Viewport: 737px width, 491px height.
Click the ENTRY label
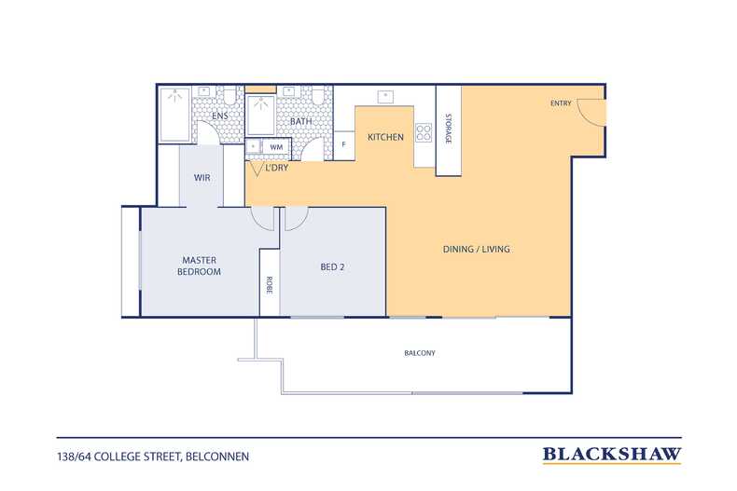coord(561,103)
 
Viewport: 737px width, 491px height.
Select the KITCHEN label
coord(385,137)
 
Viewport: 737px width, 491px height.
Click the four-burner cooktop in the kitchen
coord(424,132)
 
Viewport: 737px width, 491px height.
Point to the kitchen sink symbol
coord(385,97)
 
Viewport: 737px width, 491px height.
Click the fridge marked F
coord(344,145)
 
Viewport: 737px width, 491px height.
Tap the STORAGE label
coord(448,129)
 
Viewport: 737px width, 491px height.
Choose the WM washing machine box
coord(276,147)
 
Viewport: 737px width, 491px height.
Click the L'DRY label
coord(277,168)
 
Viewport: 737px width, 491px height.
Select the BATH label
coord(300,121)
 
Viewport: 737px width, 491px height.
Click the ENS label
coord(220,116)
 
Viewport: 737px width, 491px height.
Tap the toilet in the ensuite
coord(229,95)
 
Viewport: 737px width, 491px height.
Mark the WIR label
coord(202,178)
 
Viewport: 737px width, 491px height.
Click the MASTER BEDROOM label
coord(199,266)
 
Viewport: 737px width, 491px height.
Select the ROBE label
coord(270,285)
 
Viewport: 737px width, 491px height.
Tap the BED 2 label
coord(332,267)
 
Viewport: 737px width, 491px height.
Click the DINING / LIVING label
coord(476,250)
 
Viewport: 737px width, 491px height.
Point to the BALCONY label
coord(420,353)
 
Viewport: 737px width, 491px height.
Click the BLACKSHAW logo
coord(612,455)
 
